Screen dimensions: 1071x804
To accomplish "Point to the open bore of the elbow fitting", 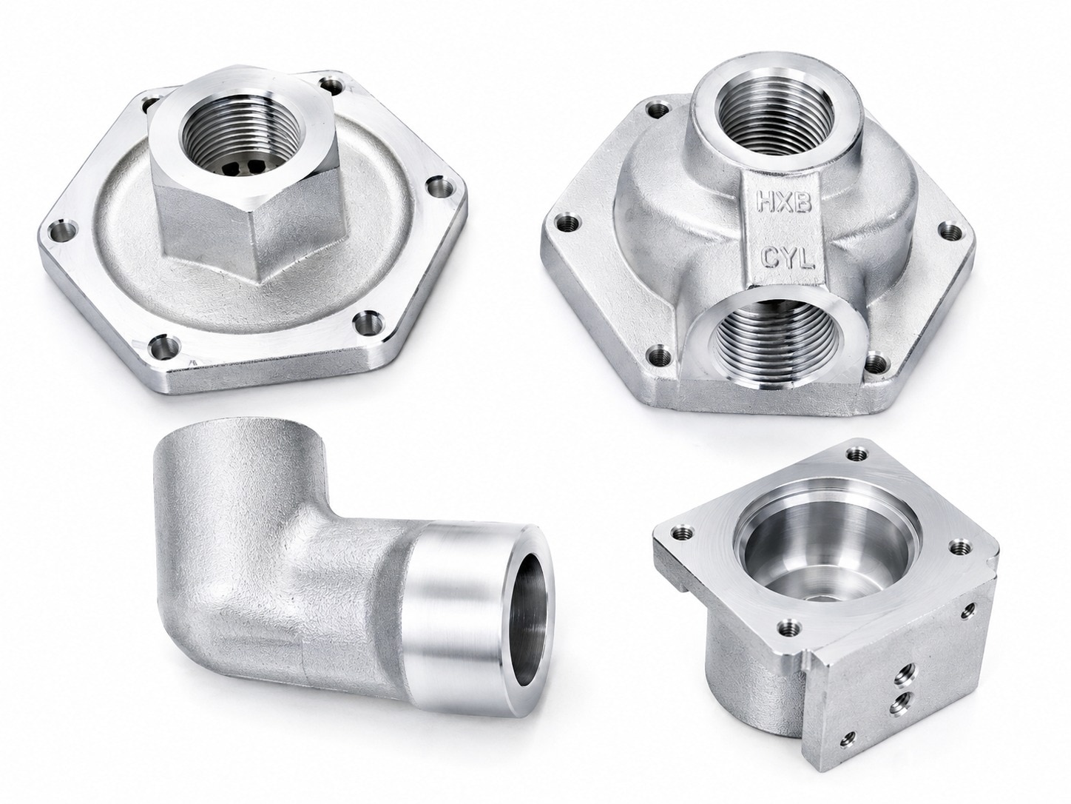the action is click(x=530, y=626).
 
